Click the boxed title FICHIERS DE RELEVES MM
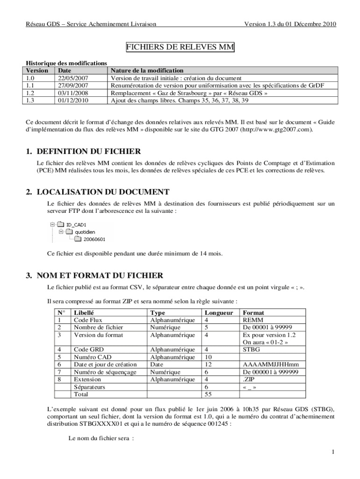click(x=180, y=47)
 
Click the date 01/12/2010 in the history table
click(x=73, y=100)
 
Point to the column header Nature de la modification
click(x=147, y=71)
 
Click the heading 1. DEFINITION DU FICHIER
click(x=83, y=152)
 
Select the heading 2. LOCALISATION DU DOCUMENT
click(x=97, y=192)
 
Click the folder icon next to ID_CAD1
click(x=60, y=225)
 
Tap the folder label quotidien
click(x=85, y=232)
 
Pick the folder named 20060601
click(x=94, y=239)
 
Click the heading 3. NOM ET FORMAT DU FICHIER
click(x=94, y=275)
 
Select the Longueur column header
click(x=219, y=312)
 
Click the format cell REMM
click(x=252, y=320)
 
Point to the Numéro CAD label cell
click(x=92, y=357)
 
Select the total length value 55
click(x=208, y=394)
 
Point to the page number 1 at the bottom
click(x=332, y=452)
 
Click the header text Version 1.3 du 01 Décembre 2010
click(x=290, y=24)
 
